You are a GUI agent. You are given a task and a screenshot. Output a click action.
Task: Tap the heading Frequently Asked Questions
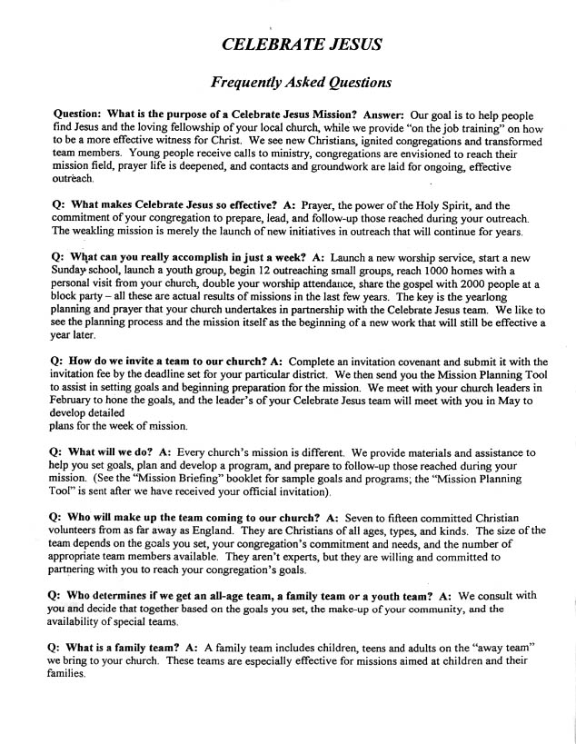coord(301,83)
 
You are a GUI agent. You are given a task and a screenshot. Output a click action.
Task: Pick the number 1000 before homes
coord(442,271)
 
